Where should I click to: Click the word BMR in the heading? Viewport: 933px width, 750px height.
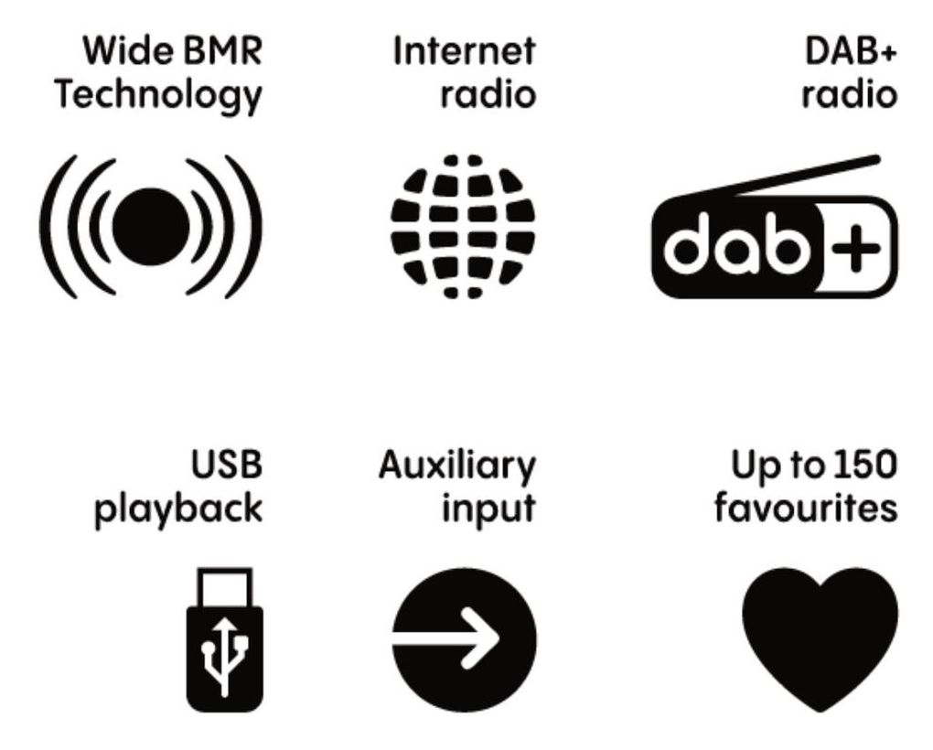[222, 51]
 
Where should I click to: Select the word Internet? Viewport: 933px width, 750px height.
[464, 51]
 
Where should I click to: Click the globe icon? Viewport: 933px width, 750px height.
[463, 227]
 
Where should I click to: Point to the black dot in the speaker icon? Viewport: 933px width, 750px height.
[151, 227]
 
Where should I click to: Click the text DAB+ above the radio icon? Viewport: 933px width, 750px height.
[851, 51]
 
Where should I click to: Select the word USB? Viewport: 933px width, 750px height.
[227, 465]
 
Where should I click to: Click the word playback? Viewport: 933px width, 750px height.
[178, 509]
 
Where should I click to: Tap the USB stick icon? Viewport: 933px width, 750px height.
[225, 639]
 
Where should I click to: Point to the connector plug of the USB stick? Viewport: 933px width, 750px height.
[225, 587]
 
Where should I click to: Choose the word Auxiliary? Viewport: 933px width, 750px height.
[457, 466]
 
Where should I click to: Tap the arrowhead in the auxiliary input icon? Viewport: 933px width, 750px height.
[481, 638]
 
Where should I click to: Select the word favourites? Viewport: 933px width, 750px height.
[806, 509]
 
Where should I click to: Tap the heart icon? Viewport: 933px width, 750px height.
[820, 639]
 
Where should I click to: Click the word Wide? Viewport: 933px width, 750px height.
[129, 51]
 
